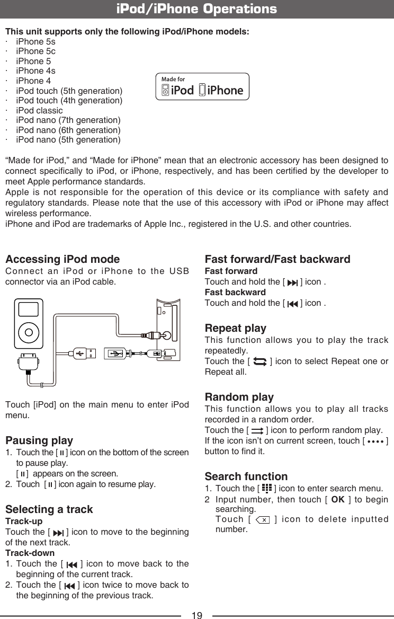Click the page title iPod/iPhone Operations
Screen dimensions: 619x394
click(196, 9)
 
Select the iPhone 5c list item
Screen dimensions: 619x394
click(35, 51)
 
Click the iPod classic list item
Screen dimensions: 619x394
click(39, 110)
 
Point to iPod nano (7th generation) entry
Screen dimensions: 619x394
click(68, 120)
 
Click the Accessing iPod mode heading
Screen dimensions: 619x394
click(62, 259)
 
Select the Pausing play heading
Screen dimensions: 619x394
click(39, 440)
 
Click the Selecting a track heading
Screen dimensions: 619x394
click(49, 509)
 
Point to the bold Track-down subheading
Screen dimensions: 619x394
click(26, 553)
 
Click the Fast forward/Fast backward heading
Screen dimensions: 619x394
click(277, 259)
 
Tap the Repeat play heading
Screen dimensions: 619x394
click(235, 328)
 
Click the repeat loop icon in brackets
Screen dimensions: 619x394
click(260, 361)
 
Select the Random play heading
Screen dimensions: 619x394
click(239, 397)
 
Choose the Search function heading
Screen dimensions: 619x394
click(246, 476)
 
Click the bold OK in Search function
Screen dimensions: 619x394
click(337, 500)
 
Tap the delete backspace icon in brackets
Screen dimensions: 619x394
click(263, 520)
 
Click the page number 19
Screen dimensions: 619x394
click(196, 615)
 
